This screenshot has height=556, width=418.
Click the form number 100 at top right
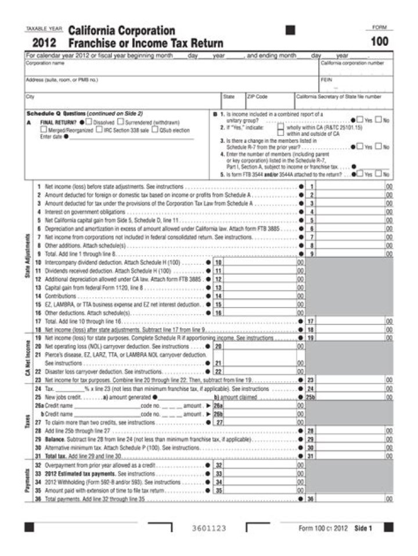[x=380, y=41]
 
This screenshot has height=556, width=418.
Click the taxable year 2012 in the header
[x=44, y=42]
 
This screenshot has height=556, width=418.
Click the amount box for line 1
[x=351, y=186]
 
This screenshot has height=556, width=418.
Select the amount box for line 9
[x=351, y=254]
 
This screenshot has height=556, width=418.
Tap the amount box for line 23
[x=351, y=379]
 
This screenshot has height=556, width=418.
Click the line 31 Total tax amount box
[x=351, y=456]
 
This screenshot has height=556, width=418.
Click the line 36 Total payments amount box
[x=351, y=498]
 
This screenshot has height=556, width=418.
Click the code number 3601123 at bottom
[x=208, y=528]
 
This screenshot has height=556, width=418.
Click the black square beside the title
[x=290, y=30]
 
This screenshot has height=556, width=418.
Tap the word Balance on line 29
[x=54, y=439]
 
